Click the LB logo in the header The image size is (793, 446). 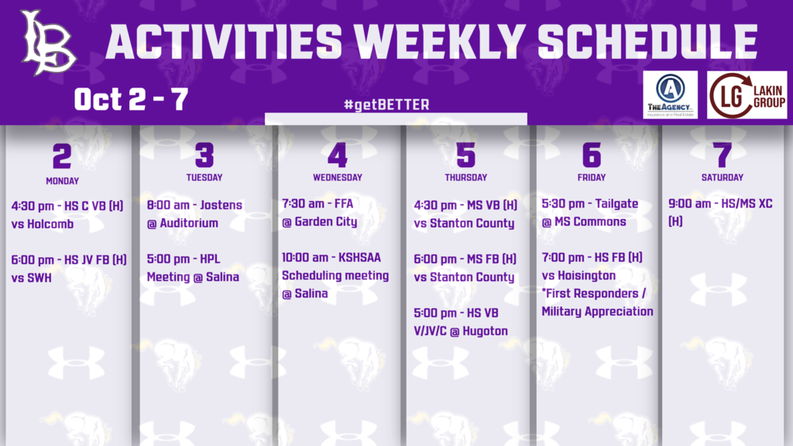coord(48,43)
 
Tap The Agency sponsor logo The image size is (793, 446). coord(670,95)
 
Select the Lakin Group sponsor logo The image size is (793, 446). coord(747,95)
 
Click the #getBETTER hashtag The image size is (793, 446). coord(386,105)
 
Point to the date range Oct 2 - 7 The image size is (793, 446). coord(131,98)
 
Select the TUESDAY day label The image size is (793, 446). coord(204,177)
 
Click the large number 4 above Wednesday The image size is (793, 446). coord(338,155)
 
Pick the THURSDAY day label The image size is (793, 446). coord(465,177)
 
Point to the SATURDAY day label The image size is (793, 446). coord(723,177)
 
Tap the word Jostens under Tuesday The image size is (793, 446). coord(221,204)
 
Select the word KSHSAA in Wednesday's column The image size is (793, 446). coord(359,257)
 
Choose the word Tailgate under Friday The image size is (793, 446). coord(616,204)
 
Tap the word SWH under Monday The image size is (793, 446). coord(39,278)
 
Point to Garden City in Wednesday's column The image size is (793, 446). coord(326,221)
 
